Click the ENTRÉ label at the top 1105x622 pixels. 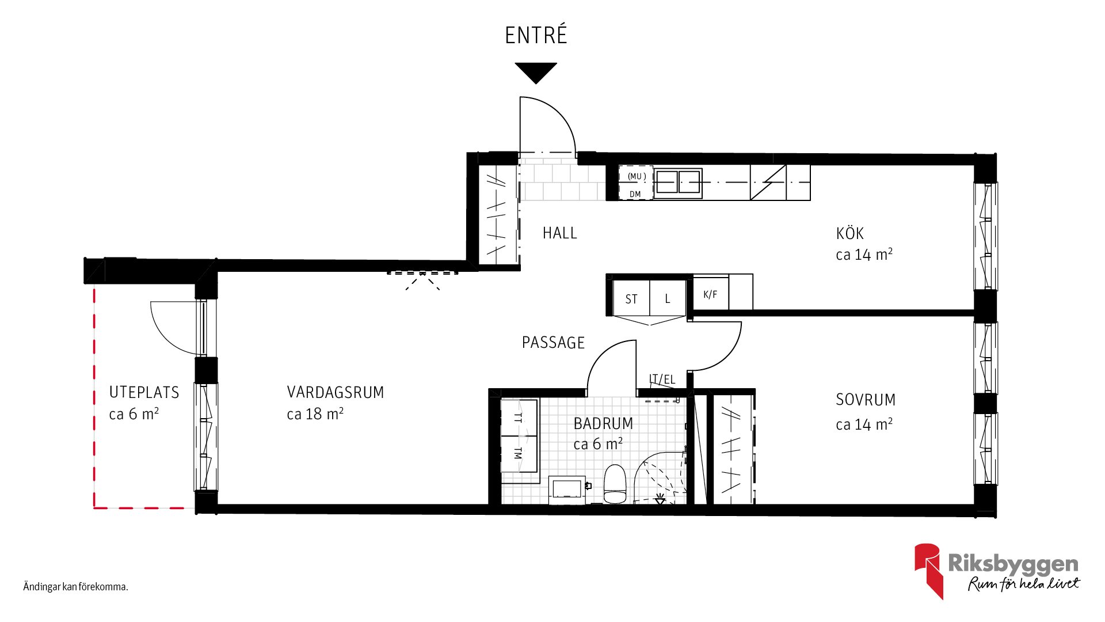[536, 35]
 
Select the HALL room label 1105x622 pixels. [559, 233]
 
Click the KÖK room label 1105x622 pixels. [849, 233]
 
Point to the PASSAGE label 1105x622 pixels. [553, 343]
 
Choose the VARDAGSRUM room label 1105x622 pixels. [336, 392]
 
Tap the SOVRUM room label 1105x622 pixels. [866, 400]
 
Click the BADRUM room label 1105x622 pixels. [603, 423]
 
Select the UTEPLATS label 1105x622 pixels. [144, 392]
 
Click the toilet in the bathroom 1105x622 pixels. [615, 484]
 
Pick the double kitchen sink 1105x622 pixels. [678, 183]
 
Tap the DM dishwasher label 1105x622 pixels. [635, 194]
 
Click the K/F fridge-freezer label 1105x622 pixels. [710, 294]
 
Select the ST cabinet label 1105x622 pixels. [631, 299]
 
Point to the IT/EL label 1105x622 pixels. [662, 379]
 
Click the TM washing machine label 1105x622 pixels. [518, 453]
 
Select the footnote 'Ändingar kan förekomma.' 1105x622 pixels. [75, 587]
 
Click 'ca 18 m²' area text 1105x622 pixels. [315, 414]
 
